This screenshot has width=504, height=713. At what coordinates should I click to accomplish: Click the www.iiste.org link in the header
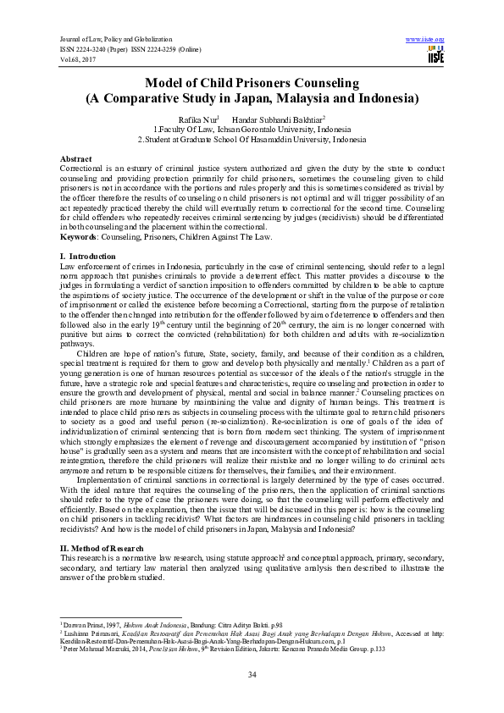click(425, 39)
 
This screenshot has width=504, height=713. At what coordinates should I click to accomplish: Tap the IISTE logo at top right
click(435, 55)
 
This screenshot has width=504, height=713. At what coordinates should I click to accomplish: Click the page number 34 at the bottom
click(252, 674)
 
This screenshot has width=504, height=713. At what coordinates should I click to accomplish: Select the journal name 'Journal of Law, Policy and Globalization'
click(115, 40)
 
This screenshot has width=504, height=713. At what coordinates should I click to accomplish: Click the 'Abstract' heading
click(76, 159)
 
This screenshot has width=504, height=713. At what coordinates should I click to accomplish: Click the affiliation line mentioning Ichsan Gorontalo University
click(252, 130)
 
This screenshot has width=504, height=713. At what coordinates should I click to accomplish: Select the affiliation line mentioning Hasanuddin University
click(252, 139)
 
